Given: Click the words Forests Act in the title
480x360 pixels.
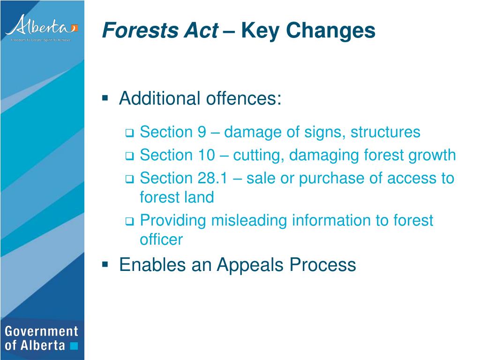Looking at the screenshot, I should (160, 31).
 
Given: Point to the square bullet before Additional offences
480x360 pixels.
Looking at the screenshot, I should (105, 98).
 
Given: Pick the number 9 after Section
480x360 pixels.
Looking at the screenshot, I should (202, 132).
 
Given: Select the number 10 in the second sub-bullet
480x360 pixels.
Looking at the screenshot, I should (206, 155).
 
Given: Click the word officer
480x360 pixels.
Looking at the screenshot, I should (161, 240).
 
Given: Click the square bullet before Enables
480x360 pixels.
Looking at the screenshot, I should (105, 264).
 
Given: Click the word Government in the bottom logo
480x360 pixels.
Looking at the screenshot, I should (41, 331).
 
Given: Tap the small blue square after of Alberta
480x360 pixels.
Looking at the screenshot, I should (74, 346).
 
